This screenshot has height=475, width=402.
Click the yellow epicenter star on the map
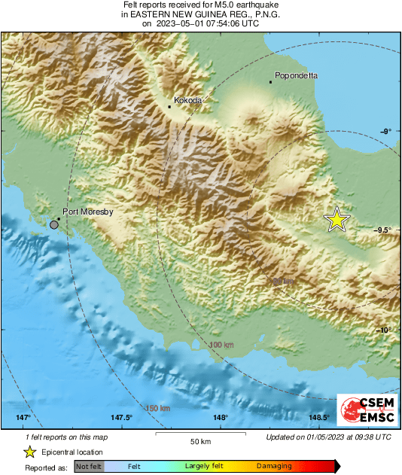pos(337,219)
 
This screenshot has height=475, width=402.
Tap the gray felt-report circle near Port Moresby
pos(54,224)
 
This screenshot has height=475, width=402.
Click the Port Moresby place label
pos(87,212)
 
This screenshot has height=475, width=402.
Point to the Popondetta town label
pos(296,75)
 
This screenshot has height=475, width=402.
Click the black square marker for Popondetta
pos(271,82)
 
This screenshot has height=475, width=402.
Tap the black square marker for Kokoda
pos(169,107)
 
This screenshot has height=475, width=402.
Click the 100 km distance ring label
pos(221,345)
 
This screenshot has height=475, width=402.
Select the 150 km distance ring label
pos(158,408)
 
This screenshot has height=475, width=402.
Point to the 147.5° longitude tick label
pos(121,418)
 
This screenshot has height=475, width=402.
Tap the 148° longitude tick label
pos(220,418)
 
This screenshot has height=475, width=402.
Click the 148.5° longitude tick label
pos(318,418)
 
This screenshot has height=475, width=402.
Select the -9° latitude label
pos(385,131)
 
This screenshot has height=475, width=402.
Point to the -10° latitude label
pos(383,330)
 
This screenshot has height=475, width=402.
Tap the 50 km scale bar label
pos(199,440)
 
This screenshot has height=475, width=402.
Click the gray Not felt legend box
pos(88,467)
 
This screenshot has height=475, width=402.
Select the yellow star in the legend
pos(29,452)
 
